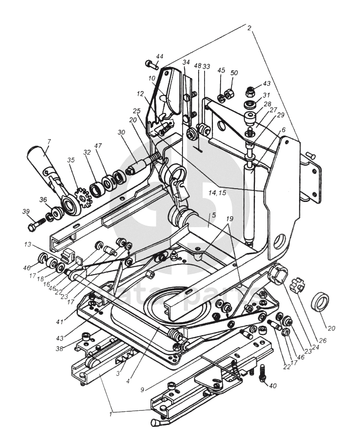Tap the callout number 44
pos(159,56)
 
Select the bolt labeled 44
pos(151,64)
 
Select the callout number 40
pos(273,386)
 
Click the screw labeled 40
pos(262,372)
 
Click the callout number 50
pos(234,73)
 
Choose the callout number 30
pos(121,132)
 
